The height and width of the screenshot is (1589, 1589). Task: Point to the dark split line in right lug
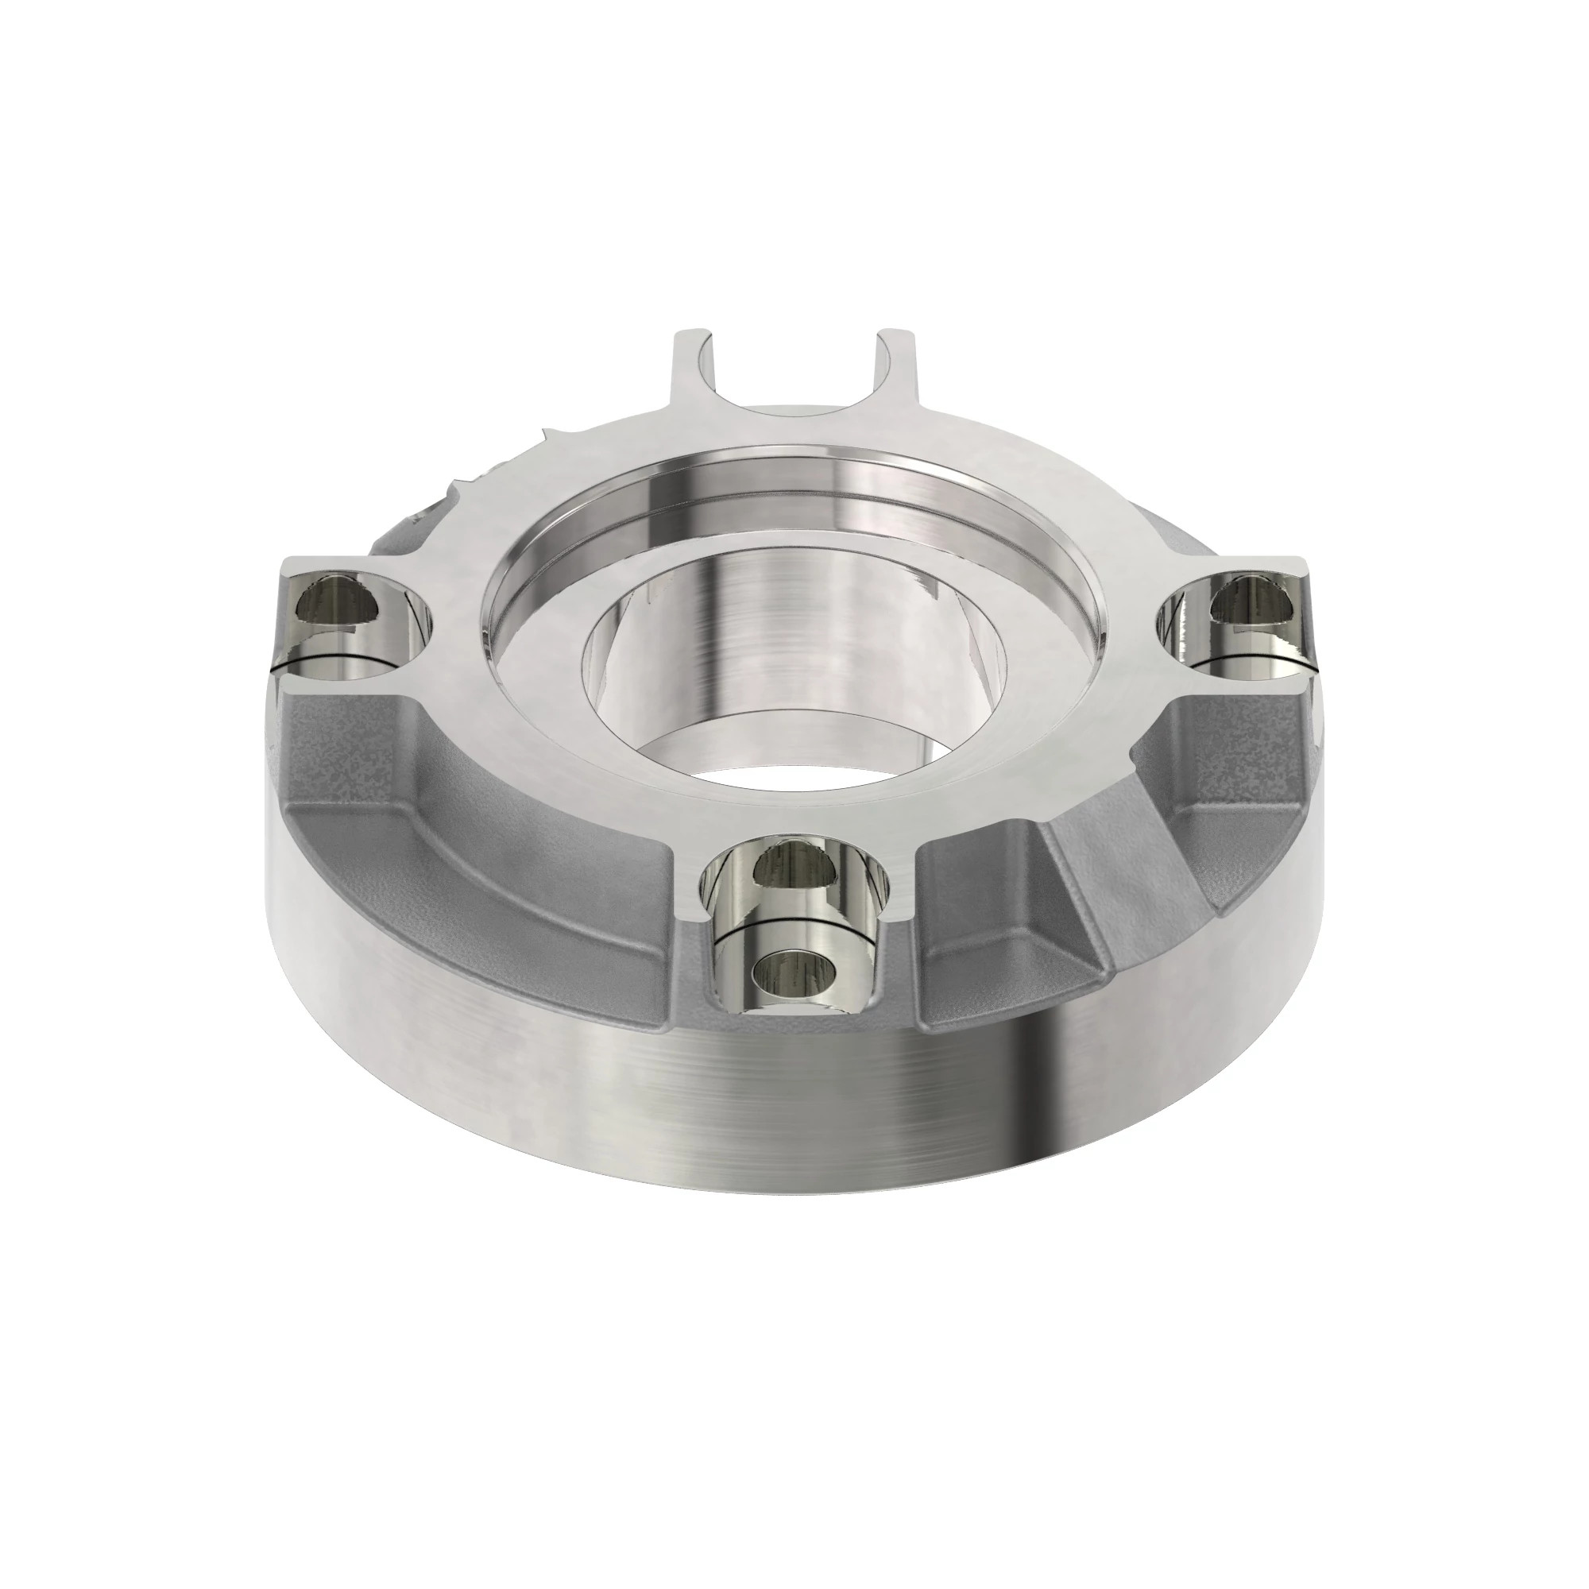pos(1242,658)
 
